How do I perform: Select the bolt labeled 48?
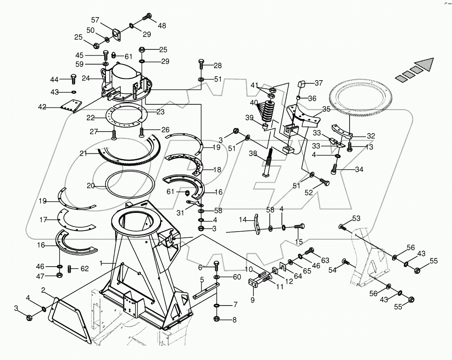click(147, 17)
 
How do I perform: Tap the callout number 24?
click(86, 78)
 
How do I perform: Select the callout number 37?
click(319, 83)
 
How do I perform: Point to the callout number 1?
click(101, 263)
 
